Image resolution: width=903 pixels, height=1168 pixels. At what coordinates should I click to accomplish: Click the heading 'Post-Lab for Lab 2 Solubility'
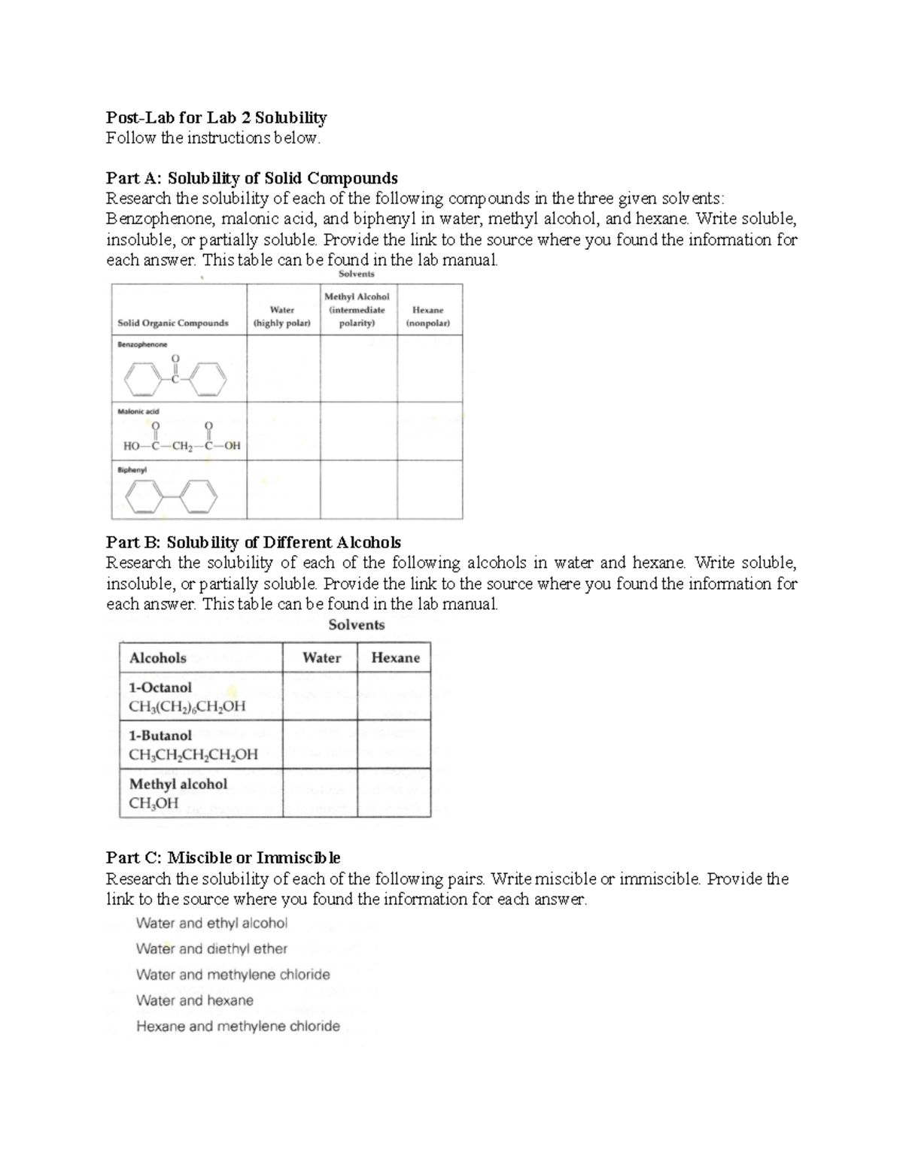tap(217, 117)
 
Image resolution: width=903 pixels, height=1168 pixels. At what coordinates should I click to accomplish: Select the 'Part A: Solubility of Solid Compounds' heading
tap(251, 178)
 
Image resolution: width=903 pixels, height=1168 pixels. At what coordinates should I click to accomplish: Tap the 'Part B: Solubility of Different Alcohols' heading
tap(254, 542)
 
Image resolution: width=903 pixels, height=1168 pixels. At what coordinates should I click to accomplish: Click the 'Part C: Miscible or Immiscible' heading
tap(223, 857)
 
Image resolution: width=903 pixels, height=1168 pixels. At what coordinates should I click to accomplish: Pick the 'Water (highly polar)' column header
tap(283, 316)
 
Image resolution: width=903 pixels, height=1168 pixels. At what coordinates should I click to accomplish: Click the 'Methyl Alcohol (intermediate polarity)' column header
tap(357, 309)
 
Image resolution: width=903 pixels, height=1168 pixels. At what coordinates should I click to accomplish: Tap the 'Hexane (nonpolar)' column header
tap(428, 316)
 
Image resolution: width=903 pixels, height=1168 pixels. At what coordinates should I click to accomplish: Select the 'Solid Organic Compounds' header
tap(173, 323)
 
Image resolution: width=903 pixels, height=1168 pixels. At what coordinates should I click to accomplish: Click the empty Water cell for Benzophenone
tap(283, 368)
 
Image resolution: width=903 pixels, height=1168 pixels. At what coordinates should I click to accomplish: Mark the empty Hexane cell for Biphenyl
tap(429, 490)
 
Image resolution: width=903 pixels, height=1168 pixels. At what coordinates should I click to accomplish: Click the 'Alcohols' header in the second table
tap(158, 657)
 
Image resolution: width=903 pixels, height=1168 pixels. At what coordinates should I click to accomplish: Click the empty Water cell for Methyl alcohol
tap(320, 793)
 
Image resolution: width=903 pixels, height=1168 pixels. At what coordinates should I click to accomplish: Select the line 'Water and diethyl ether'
tap(211, 949)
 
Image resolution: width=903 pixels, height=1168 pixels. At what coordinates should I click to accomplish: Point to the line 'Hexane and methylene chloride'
tap(238, 1026)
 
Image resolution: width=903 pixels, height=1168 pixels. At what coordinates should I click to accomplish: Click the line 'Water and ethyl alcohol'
tap(211, 923)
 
